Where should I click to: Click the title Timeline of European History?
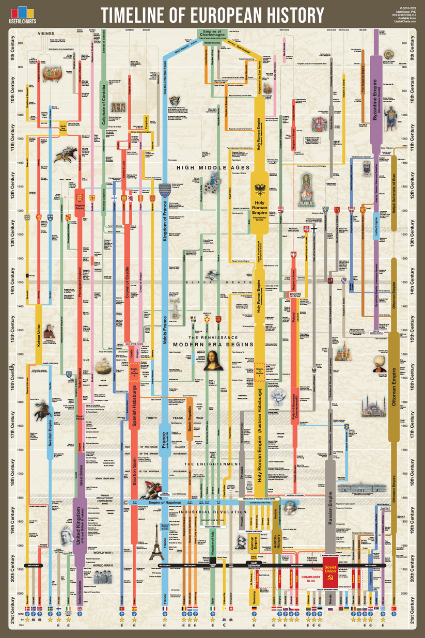[212, 15]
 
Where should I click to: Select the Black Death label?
[212, 283]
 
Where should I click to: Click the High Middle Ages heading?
[213, 167]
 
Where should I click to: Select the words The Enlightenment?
[212, 464]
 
